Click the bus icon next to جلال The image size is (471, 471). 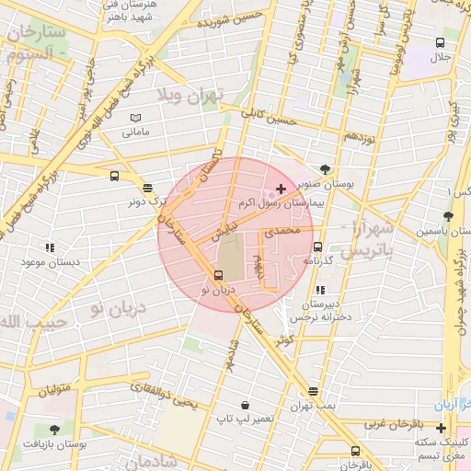pos(441,43)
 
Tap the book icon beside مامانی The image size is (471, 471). pos(136,118)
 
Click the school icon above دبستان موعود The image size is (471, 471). pos(49,247)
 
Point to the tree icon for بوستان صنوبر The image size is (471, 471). pos(326,168)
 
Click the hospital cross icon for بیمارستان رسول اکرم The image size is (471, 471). pos(281,189)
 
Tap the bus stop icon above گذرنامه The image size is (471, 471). pos(317,247)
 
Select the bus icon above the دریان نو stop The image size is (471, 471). pos(218,275)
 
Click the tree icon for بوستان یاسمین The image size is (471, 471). pos(448,216)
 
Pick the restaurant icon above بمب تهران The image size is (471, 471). pos(314,391)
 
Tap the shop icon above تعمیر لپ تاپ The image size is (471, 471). pos(245,404)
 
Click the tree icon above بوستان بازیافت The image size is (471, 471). pos(54,430)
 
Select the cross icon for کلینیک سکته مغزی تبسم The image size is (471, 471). pos(442,428)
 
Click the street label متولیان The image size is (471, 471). pos(54,390)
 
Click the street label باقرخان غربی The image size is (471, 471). pos(392,424)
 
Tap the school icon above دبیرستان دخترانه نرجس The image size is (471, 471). pos(319,290)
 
